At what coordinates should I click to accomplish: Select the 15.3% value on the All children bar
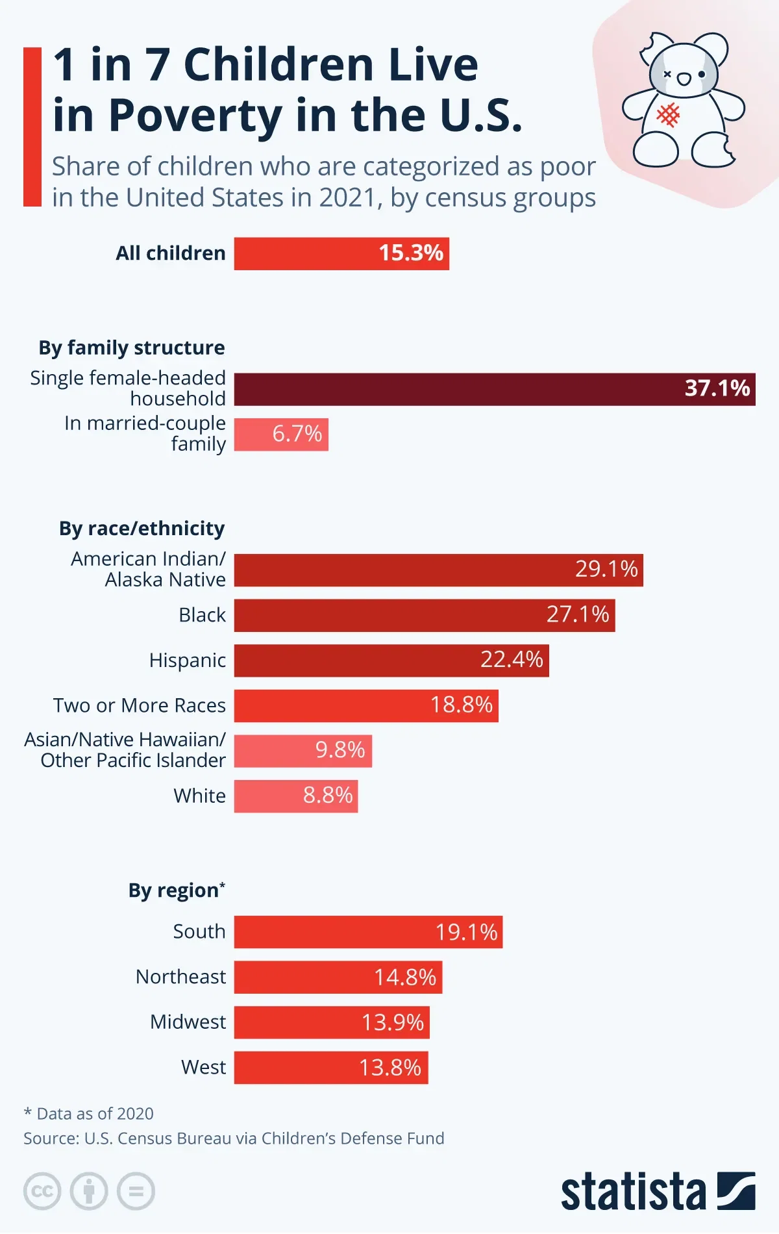click(x=411, y=253)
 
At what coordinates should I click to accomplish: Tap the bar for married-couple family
click(x=280, y=434)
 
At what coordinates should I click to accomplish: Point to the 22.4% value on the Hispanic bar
click(x=512, y=660)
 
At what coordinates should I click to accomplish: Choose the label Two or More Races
click(x=140, y=705)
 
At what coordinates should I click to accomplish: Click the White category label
click(x=199, y=796)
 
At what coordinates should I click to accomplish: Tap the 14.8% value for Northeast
click(x=405, y=977)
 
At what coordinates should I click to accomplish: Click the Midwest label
click(x=188, y=1022)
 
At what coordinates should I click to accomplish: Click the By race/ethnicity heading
click(x=142, y=529)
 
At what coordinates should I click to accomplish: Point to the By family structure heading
click(x=132, y=348)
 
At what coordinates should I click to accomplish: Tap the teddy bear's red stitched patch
click(x=668, y=115)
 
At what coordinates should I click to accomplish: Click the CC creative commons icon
click(x=42, y=1192)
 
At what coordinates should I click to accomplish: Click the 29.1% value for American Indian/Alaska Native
click(x=606, y=570)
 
